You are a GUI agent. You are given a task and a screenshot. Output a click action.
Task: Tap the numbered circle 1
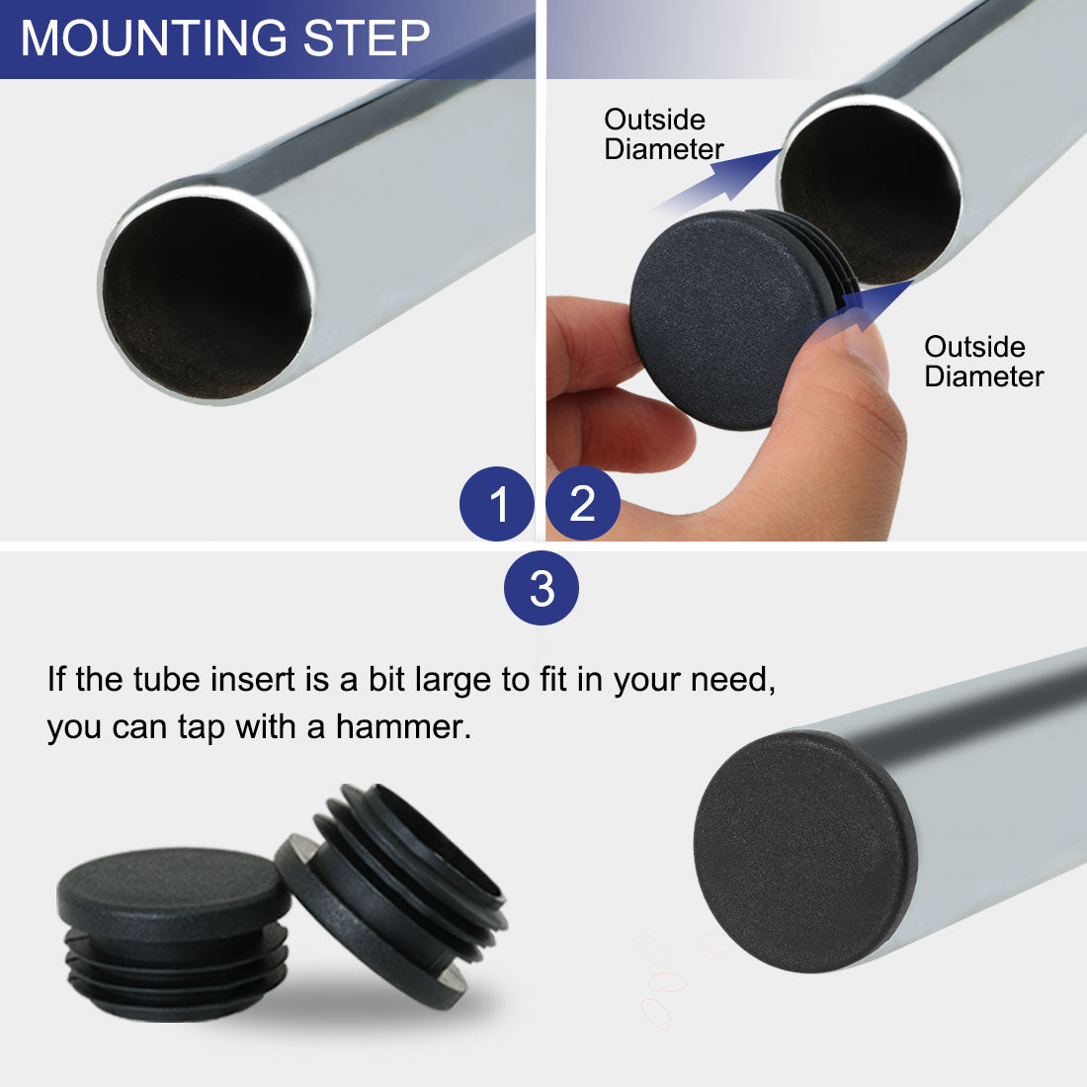click(x=497, y=504)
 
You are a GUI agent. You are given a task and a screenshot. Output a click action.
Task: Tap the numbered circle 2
click(x=582, y=504)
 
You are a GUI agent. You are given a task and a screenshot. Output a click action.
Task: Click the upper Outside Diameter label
click(x=662, y=134)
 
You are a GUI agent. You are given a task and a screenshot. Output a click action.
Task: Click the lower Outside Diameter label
click(x=983, y=362)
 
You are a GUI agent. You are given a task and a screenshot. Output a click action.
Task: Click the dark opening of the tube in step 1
click(x=208, y=296)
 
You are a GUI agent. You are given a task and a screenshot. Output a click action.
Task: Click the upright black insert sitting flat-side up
click(x=173, y=929)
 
